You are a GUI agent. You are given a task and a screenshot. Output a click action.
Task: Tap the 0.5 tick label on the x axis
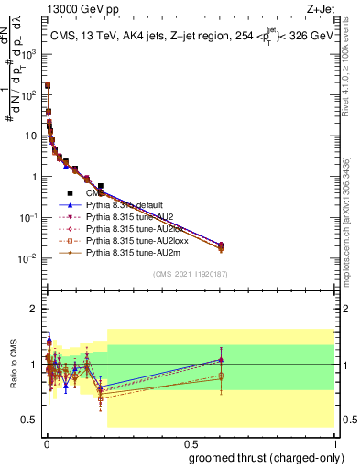tap(190, 443)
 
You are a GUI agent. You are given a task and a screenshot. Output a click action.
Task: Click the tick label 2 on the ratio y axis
tap(33, 309)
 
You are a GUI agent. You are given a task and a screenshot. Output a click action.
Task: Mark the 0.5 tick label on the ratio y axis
tap(29, 420)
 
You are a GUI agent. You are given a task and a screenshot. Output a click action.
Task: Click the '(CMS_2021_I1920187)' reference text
tap(190, 275)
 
